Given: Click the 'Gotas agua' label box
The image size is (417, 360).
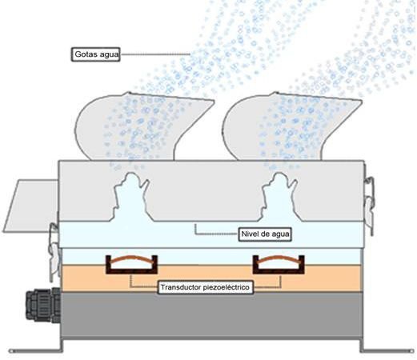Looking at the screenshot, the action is point(95,54).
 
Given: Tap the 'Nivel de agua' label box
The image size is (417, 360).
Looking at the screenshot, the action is point(265,234).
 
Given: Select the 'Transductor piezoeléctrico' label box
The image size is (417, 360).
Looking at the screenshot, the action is point(206,287).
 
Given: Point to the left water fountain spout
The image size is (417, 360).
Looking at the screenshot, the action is point(131,198).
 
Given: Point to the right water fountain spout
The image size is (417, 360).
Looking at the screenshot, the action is point(279,198).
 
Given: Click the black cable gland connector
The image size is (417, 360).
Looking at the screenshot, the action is point(43,305).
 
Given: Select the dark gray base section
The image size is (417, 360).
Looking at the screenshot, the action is point(212,315).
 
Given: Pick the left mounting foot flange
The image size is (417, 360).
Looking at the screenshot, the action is point(35,350).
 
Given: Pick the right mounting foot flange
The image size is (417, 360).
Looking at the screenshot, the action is point(387,350).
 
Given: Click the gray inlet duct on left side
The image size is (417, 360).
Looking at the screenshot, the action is point(31,206).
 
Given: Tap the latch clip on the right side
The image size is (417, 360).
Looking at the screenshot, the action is point(369,206).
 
